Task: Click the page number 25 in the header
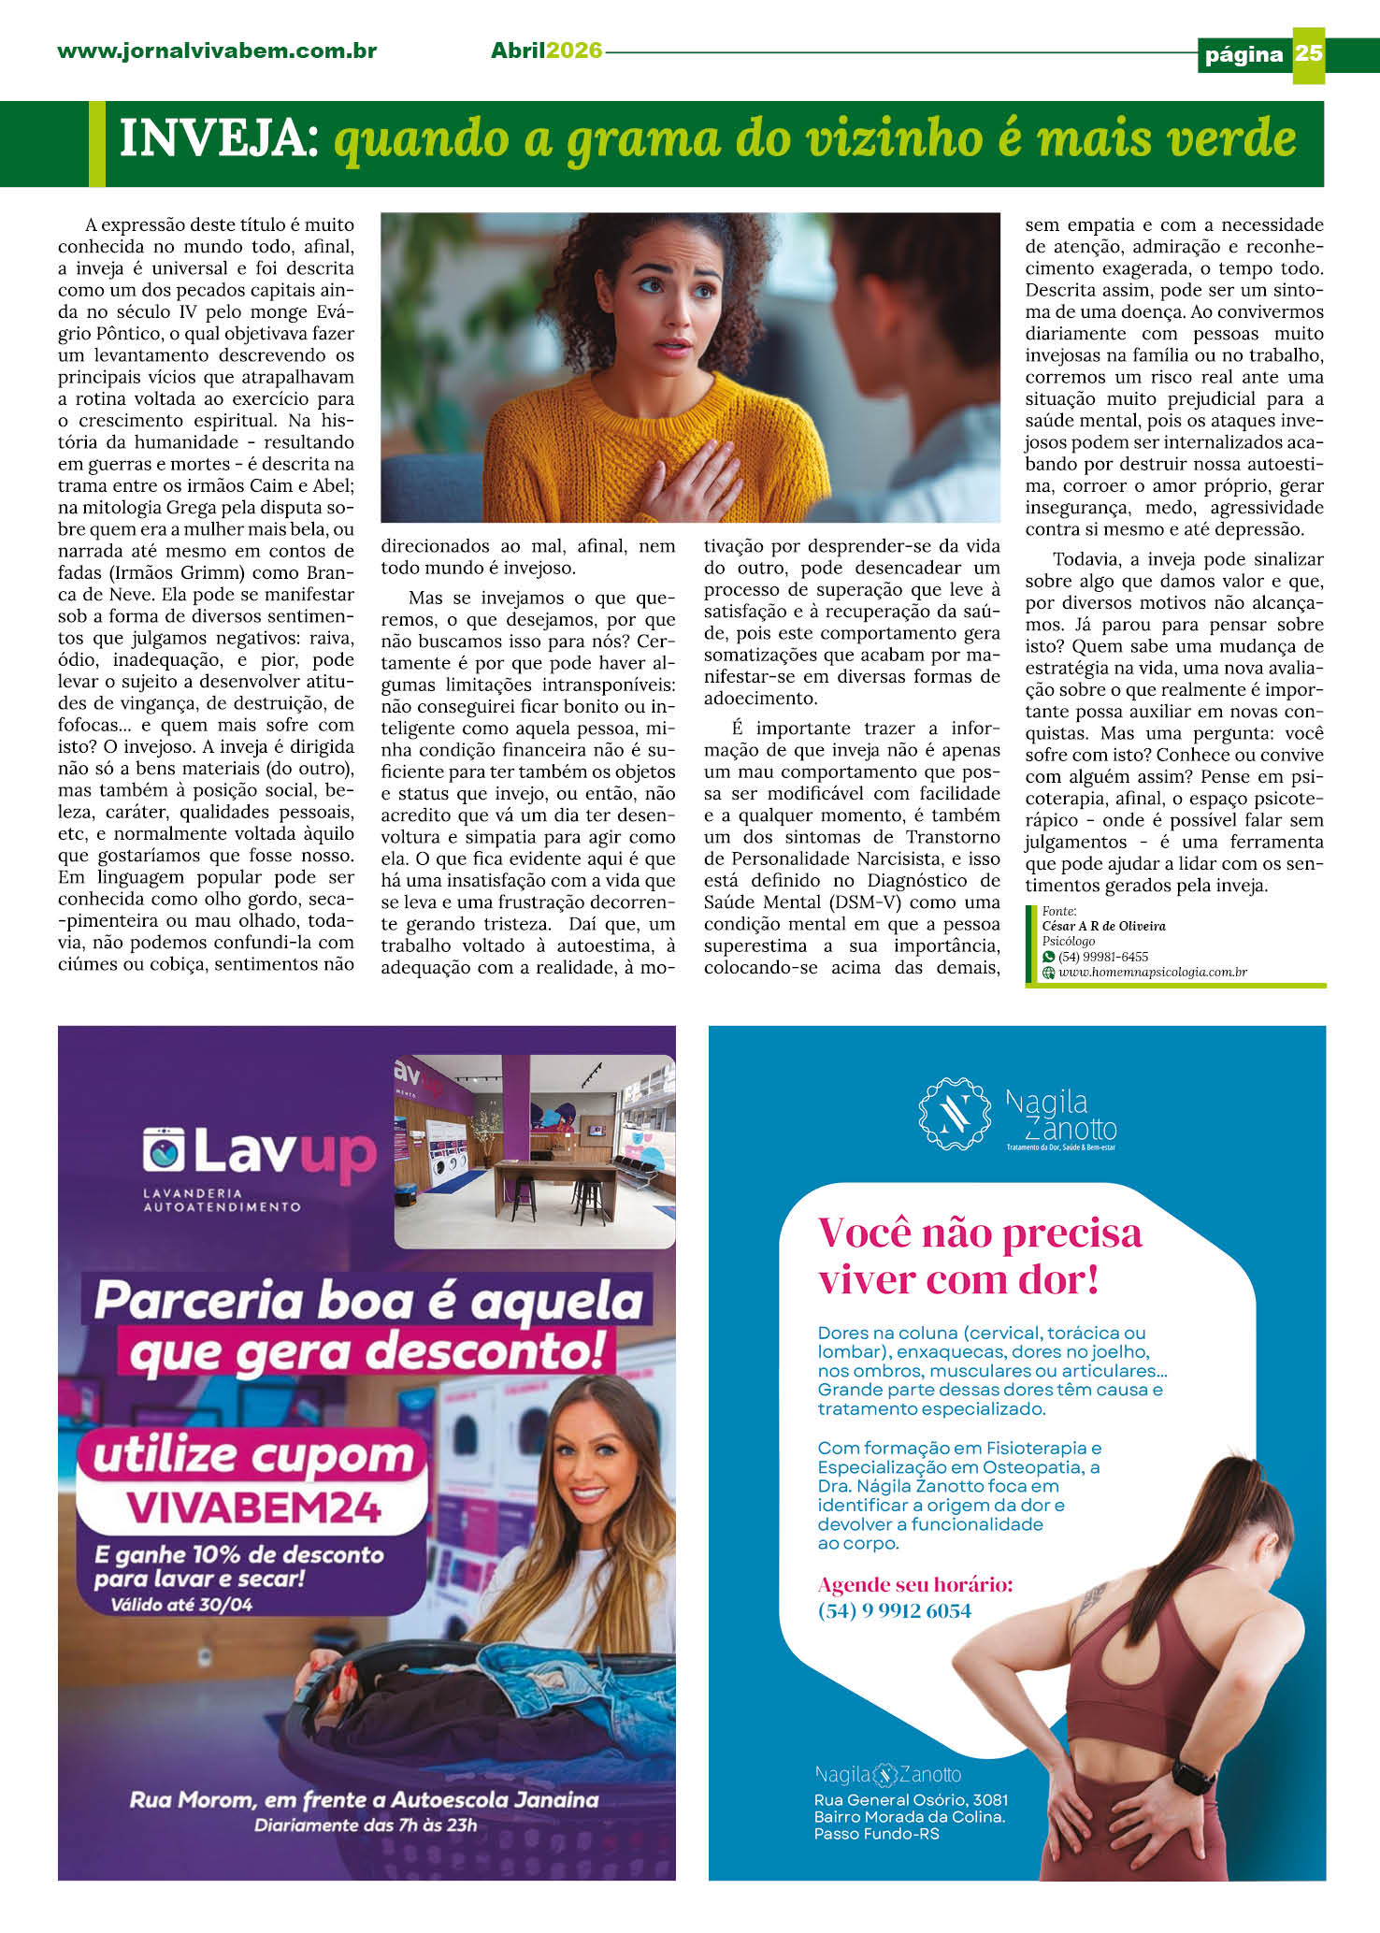point(1308,53)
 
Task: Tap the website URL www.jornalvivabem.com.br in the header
point(217,51)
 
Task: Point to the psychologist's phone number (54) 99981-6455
point(1102,957)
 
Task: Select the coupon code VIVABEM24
point(253,1507)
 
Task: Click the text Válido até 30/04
point(181,1605)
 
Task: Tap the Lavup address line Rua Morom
point(364,1799)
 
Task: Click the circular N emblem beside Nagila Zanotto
point(955,1114)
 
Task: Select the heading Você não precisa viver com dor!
point(979,1256)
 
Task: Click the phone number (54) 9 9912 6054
point(894,1610)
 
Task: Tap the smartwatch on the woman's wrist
point(1191,1777)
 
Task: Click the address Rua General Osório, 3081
point(911,1799)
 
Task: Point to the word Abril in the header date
point(518,51)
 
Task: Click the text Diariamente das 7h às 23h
point(366,1825)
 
